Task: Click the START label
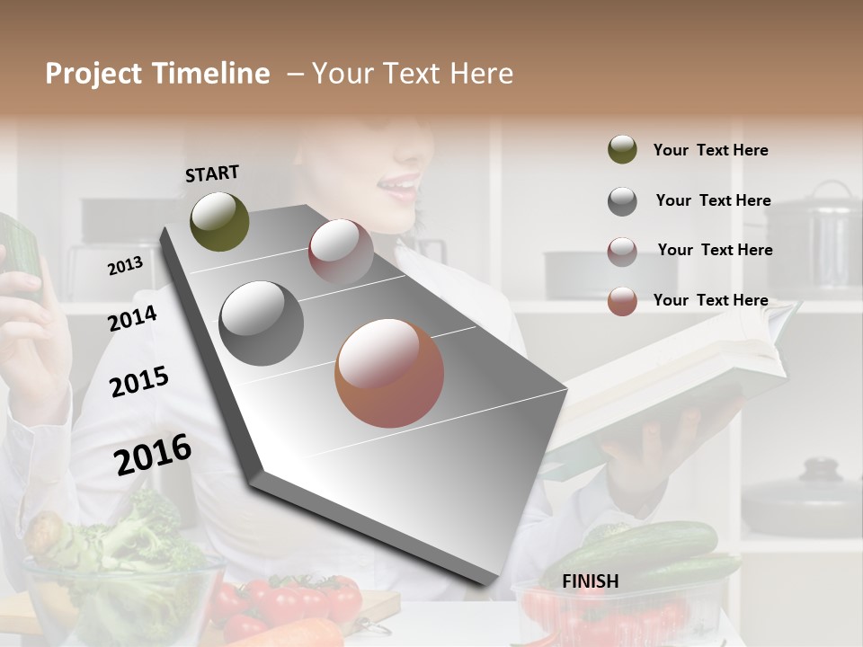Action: (212, 173)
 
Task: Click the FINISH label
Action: (590, 581)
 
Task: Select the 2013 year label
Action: (125, 265)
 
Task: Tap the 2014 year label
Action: (132, 318)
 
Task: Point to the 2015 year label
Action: (138, 382)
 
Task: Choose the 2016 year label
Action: (153, 454)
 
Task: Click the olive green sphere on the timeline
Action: (219, 221)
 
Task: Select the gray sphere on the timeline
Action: (262, 323)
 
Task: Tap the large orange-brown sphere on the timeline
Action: (389, 373)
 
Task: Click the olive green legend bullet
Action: (622, 150)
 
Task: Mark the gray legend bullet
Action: (622, 201)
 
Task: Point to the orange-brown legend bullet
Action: (622, 301)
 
